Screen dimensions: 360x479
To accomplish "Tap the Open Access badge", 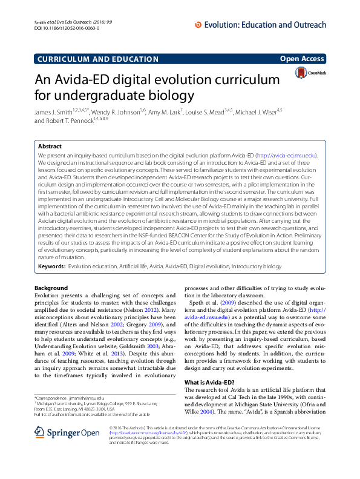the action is pos(301,58).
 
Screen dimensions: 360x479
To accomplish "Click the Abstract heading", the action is pos(50,147).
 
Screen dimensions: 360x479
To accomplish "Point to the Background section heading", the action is pos(51,288).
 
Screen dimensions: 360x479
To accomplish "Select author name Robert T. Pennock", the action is pos(66,121).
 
